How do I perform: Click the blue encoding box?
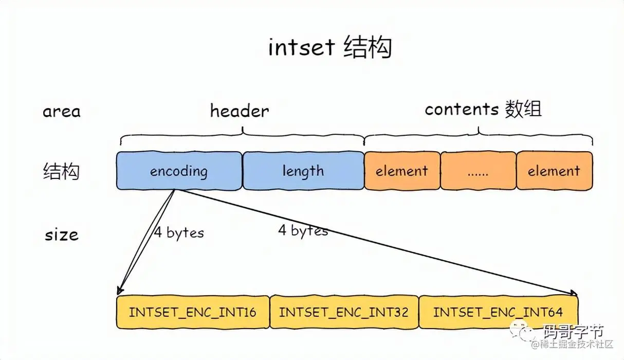[x=179, y=171]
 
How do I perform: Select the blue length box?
[x=303, y=171]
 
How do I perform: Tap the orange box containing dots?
[x=478, y=171]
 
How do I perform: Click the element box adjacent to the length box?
[x=402, y=171]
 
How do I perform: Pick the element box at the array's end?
[x=554, y=171]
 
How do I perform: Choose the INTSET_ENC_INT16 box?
[x=193, y=312]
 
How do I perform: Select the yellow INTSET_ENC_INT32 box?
[x=344, y=312]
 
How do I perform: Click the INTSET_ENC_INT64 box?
[x=498, y=312]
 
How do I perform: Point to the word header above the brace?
[x=240, y=111]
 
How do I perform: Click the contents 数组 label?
[x=483, y=110]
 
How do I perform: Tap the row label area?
[x=62, y=112]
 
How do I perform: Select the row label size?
[x=62, y=235]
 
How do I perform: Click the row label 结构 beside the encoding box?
[x=61, y=171]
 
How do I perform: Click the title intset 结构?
[x=330, y=48]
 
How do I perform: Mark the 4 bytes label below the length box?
[x=303, y=230]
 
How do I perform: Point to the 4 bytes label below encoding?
[x=179, y=232]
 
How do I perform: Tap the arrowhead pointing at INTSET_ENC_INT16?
[x=120, y=291]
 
